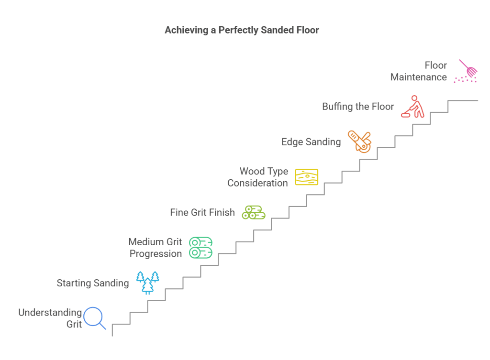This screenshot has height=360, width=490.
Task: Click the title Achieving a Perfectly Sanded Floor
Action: click(x=242, y=30)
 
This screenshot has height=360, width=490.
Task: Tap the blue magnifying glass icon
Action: click(x=94, y=318)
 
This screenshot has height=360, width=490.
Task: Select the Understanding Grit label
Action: click(x=50, y=318)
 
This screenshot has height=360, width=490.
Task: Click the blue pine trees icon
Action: click(x=148, y=282)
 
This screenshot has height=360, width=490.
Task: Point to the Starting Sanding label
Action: click(x=93, y=283)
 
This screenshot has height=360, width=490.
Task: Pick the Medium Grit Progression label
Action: click(x=155, y=248)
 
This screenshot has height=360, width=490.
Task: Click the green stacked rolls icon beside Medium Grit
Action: click(x=200, y=248)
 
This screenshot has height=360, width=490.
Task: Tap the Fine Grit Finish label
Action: click(x=202, y=212)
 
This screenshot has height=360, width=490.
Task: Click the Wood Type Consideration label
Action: click(x=257, y=177)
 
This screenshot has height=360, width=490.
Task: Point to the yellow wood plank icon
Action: click(x=306, y=177)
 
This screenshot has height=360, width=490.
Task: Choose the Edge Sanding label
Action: click(x=311, y=142)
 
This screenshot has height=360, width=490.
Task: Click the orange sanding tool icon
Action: click(x=359, y=141)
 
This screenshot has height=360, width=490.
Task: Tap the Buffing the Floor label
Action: click(x=358, y=107)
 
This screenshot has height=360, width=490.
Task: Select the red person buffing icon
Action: click(x=412, y=107)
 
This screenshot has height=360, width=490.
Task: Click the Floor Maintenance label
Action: click(x=419, y=71)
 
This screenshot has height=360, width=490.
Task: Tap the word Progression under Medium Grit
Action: click(x=156, y=254)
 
